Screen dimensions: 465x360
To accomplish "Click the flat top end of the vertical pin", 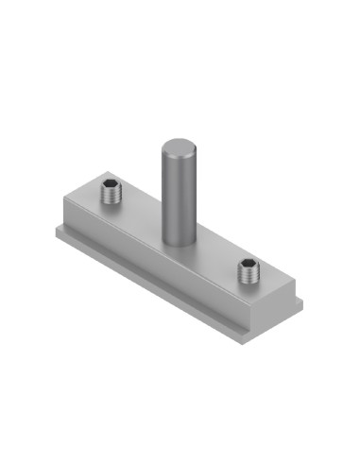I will point(177,146).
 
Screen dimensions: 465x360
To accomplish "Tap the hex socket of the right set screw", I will point(248,265).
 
